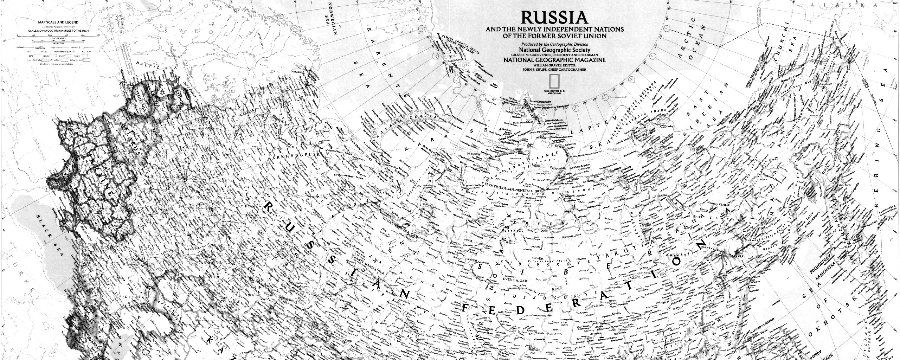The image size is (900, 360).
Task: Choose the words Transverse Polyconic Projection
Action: click(x=58, y=27)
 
